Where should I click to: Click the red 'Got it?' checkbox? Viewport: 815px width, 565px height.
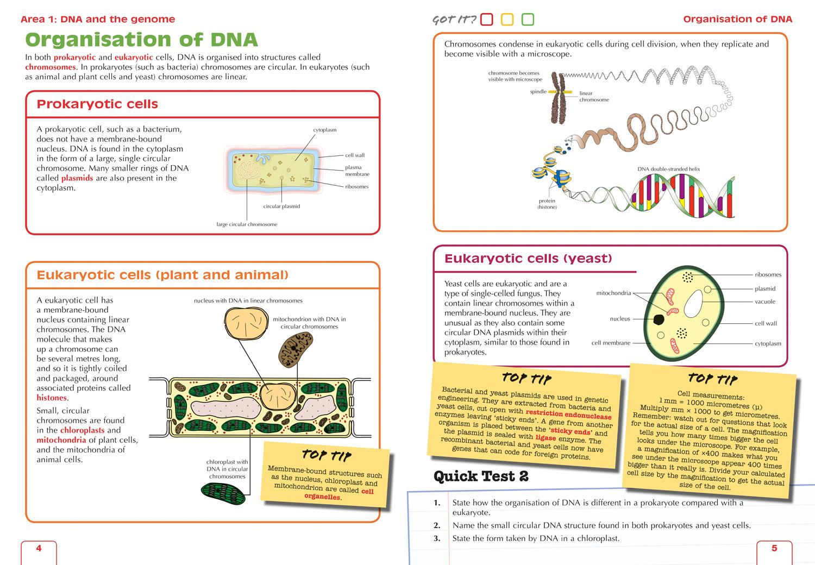tap(487, 20)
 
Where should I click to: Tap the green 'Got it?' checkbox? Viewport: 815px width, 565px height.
tap(528, 20)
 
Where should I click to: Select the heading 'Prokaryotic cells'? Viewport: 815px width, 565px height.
tap(97, 104)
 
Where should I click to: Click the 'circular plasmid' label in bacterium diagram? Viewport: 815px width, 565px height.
tap(281, 206)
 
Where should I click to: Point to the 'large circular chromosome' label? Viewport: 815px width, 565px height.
tap(247, 224)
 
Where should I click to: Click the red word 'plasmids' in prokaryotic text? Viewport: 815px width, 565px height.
tap(77, 178)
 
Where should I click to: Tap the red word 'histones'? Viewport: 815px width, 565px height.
tap(52, 398)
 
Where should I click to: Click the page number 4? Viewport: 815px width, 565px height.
tap(39, 548)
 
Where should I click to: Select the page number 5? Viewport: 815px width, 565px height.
tap(774, 548)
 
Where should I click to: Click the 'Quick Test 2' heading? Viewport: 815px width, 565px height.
tap(481, 476)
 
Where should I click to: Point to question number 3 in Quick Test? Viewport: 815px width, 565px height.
tap(437, 538)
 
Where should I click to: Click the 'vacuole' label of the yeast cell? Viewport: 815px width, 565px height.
tap(765, 302)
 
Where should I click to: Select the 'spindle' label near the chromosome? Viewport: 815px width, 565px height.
tap(538, 92)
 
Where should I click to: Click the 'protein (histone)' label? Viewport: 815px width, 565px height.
tap(547, 204)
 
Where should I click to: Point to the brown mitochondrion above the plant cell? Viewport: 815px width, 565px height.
tap(296, 348)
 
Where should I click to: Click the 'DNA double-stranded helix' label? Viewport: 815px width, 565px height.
tap(668, 169)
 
